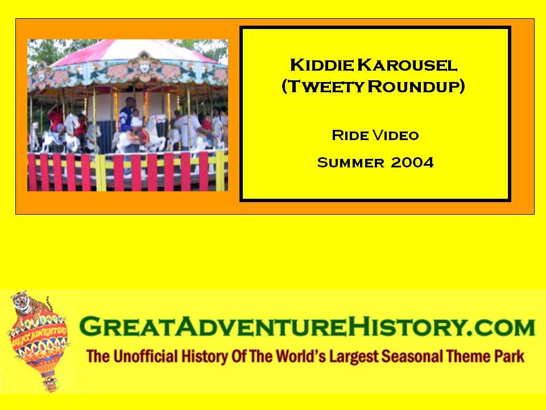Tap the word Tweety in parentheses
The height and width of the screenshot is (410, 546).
pos(326,86)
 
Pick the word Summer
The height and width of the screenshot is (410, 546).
pos(350,162)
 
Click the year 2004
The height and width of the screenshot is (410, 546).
pos(412,162)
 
